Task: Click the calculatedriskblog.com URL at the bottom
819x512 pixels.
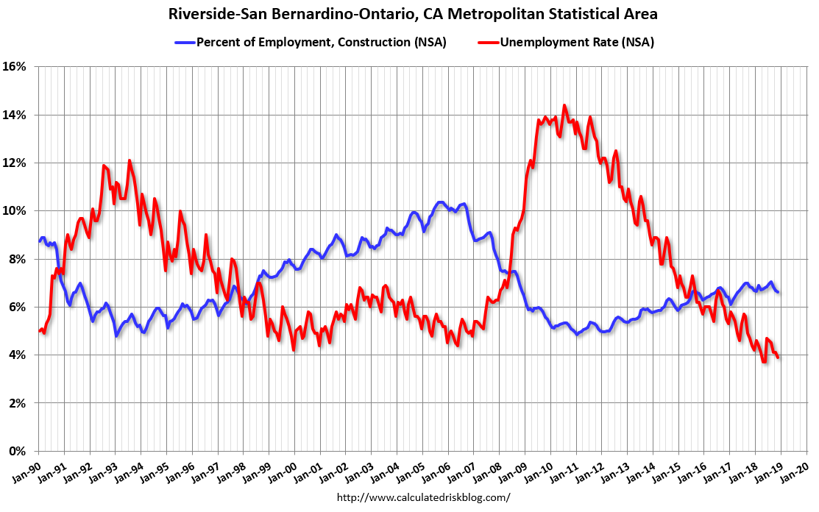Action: click(x=423, y=497)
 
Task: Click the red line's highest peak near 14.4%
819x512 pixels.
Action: click(x=564, y=105)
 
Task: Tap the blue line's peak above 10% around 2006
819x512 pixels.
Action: click(x=441, y=202)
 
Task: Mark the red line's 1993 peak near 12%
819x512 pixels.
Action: click(x=130, y=160)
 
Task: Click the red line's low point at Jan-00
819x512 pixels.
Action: click(x=294, y=350)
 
